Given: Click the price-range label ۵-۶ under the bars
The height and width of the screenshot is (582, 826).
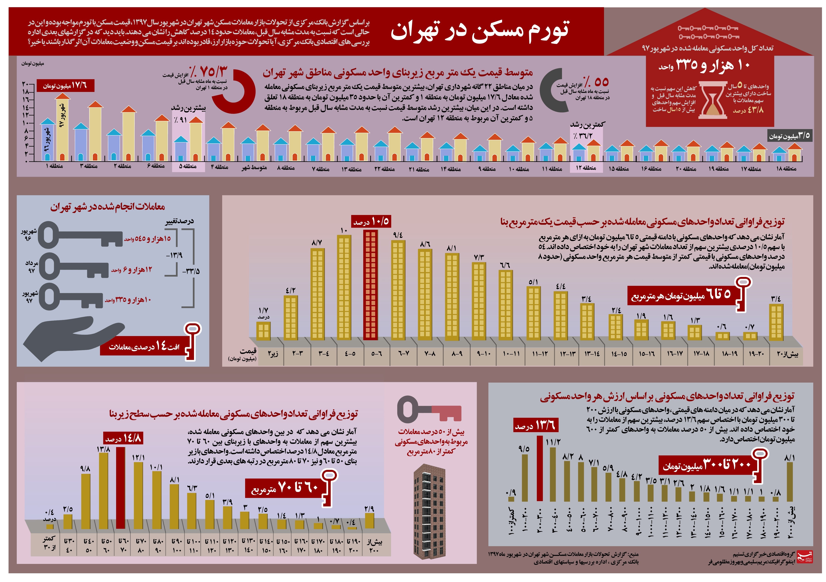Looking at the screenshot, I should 377,354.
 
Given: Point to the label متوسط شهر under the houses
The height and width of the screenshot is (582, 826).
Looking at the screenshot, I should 254,168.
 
